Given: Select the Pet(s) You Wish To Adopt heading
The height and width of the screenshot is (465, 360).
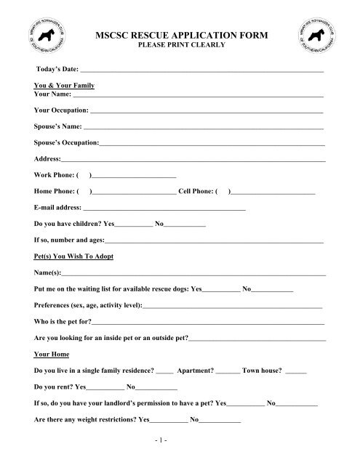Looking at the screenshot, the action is coord(73,257).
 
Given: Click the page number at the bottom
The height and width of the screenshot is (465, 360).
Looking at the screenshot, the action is coord(180,446).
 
